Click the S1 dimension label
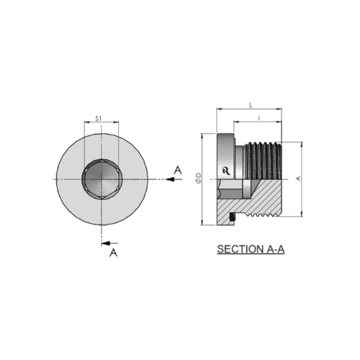click(99, 118)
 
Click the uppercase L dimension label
click(251, 105)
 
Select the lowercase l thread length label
click(258, 118)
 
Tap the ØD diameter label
click(199, 179)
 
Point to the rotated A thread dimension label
click(298, 179)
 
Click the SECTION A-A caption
click(251, 249)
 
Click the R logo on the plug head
click(226, 171)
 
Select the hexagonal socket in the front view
click(102, 179)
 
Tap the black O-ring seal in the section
click(233, 217)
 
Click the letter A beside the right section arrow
click(178, 170)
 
